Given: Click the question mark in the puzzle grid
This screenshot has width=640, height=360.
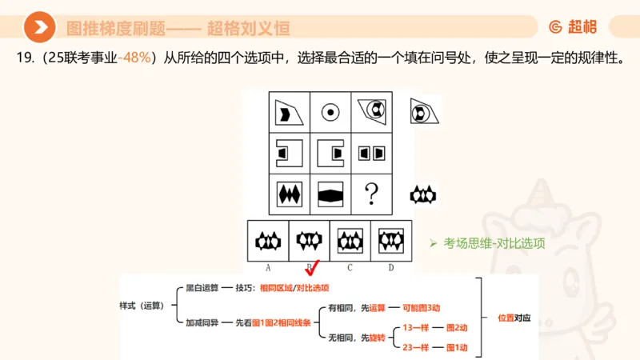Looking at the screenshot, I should pyautogui.click(x=370, y=194).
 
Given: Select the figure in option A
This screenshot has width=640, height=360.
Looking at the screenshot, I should pyautogui.click(x=268, y=240).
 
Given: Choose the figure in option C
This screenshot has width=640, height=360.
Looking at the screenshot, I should pyautogui.click(x=350, y=240).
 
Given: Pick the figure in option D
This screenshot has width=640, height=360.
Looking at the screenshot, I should pyautogui.click(x=390, y=240).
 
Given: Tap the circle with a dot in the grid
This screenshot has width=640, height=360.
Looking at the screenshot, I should pyautogui.click(x=329, y=112).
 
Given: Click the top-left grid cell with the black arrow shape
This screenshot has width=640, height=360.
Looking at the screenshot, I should pyautogui.click(x=288, y=112).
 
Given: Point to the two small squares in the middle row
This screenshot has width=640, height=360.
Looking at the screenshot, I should pyautogui.click(x=370, y=152).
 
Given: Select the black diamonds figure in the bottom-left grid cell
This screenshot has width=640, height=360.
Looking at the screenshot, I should pyautogui.click(x=288, y=194).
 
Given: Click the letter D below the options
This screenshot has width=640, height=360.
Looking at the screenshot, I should pyautogui.click(x=390, y=268).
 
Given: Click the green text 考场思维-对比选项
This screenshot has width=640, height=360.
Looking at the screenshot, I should pyautogui.click(x=494, y=243).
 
